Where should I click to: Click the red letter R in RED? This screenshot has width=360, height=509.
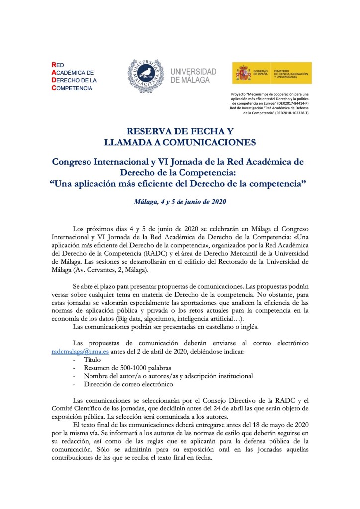[54, 64]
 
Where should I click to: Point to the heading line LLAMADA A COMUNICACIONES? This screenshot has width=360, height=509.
[180, 143]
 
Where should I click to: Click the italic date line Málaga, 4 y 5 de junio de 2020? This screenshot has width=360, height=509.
[180, 202]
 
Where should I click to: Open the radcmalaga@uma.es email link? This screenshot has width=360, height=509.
[73, 351]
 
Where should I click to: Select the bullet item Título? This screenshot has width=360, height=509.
[93, 359]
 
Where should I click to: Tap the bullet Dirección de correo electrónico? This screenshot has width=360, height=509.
[128, 384]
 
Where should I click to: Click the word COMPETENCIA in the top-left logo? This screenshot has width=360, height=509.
[75, 88]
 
